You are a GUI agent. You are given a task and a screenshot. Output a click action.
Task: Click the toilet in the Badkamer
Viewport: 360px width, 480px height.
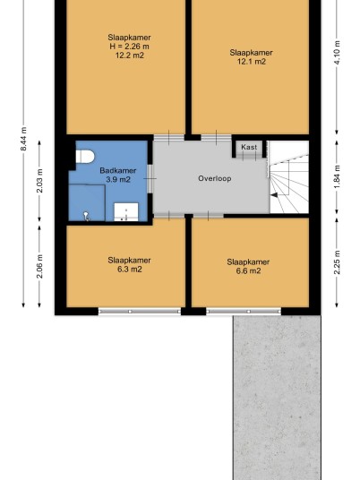tap(85, 157)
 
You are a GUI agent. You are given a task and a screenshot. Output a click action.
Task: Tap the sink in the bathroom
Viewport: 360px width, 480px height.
tap(126, 211)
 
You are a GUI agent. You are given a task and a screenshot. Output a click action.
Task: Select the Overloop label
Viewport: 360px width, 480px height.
tap(215, 178)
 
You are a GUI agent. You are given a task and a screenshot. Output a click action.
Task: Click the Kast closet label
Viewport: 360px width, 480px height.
tap(249, 147)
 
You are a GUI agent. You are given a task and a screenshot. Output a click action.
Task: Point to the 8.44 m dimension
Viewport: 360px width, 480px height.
tap(23, 139)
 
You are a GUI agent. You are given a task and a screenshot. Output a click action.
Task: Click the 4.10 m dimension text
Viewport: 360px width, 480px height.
tap(337, 52)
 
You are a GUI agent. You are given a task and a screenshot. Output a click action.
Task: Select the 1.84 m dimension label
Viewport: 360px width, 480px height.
tap(337, 177)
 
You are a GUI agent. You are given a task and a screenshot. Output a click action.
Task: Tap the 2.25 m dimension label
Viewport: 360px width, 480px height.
tap(337, 262)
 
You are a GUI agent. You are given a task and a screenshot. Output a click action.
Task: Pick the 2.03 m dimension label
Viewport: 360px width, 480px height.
tap(39, 181)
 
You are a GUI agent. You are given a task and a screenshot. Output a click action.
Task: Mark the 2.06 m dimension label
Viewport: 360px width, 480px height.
tap(39, 266)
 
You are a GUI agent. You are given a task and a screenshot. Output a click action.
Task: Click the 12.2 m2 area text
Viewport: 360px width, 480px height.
tap(130, 56)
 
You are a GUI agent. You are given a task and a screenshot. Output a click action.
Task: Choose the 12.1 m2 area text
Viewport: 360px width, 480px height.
tap(252, 62)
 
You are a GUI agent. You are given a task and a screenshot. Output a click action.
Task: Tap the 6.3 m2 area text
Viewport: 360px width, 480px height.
tap(130, 270)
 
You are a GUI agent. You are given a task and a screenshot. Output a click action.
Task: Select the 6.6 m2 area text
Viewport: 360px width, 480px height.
tap(248, 271)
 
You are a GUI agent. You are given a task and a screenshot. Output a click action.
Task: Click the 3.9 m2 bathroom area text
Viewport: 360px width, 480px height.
tap(118, 179)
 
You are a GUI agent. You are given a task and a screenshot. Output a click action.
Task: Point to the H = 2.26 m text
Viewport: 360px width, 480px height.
tap(129, 47)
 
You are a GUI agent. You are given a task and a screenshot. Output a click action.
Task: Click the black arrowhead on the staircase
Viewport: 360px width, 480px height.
tap(274, 195)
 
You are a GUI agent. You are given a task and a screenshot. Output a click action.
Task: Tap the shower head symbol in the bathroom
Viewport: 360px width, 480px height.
tap(86, 216)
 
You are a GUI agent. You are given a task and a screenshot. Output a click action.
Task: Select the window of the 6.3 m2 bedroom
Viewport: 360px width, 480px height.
tap(140, 312)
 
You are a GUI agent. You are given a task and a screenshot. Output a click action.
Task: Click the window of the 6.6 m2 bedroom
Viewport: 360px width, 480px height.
tap(244, 312)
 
